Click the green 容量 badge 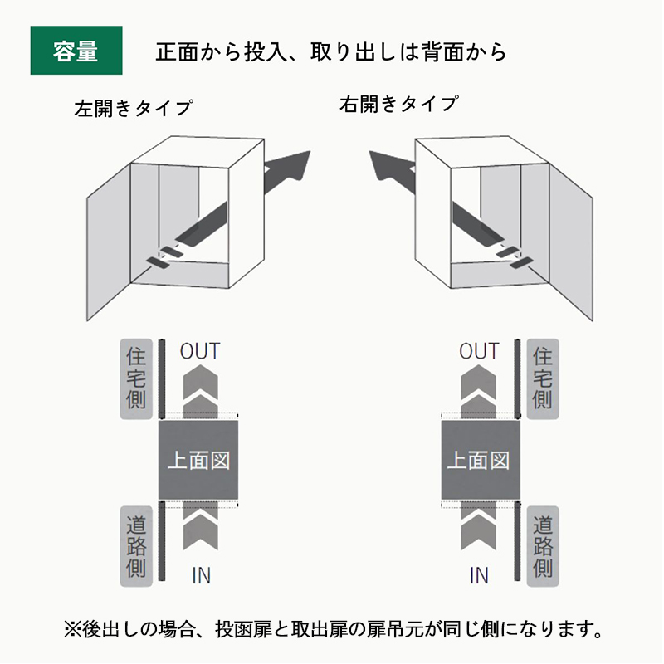[x=76, y=51]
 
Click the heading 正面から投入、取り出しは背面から [x=330, y=51]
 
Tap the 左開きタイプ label [x=133, y=108]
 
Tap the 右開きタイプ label [x=398, y=105]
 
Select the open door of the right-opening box [x=573, y=241]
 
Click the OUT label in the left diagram [x=200, y=351]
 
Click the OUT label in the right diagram [x=479, y=351]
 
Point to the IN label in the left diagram [x=201, y=574]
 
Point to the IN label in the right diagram [x=479, y=574]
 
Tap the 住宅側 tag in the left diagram [x=136, y=378]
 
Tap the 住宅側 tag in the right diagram [x=542, y=378]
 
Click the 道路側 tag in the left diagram [x=136, y=546]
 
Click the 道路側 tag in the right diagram [x=542, y=546]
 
